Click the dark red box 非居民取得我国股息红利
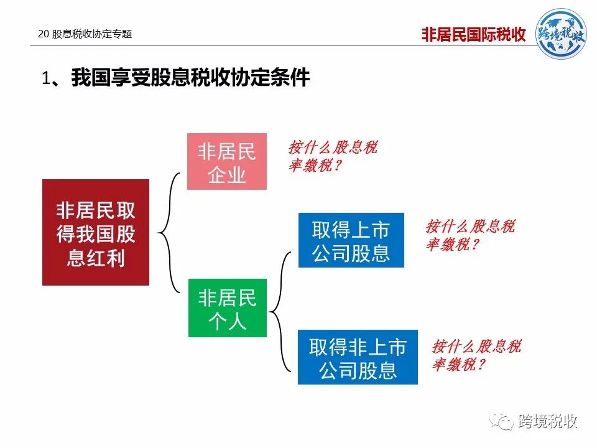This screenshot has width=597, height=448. tap(96, 232)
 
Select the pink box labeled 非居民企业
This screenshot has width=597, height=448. tap(227, 161)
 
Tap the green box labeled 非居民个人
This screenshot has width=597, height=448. tap(228, 308)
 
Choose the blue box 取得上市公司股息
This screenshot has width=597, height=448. tap(351, 240)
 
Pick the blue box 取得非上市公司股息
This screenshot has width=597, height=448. tap(358, 357)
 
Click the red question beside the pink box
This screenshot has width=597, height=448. tap(333, 156)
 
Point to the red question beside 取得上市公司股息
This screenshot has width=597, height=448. tap(470, 235)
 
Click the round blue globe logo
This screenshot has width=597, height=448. tap(561, 34)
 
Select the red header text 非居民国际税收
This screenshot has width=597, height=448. tap(474, 34)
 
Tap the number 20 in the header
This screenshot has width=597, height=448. tap(44, 34)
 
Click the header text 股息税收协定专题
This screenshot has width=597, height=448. tap(92, 34)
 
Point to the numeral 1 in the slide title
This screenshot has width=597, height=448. tap(46, 78)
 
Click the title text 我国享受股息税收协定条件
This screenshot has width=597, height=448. tap(190, 77)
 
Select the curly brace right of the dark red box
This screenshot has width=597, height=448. tap(169, 232)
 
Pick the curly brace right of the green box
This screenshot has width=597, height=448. tap(280, 312)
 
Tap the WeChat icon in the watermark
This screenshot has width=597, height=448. tap(501, 421)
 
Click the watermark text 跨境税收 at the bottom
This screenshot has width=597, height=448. tap(547, 421)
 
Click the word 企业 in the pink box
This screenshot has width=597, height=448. tap(227, 175)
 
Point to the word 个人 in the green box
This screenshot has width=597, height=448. tap(228, 322)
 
